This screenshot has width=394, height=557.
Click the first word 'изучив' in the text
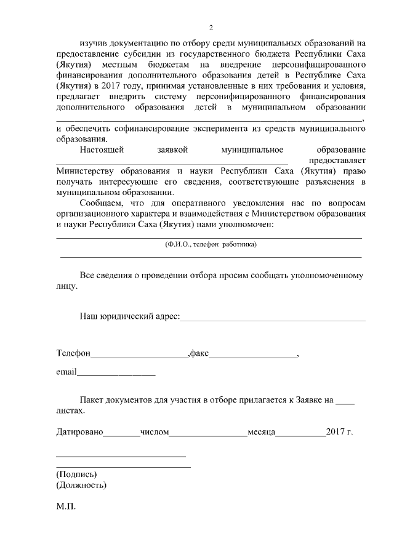pos(92,44)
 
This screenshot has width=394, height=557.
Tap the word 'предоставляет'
pos(338,160)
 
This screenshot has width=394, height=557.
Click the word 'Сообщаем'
pos(101,203)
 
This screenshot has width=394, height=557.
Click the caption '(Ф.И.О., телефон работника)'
pos(211,244)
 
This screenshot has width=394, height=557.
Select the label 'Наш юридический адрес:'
pos(129,316)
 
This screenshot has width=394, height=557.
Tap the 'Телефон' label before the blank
pos(73,354)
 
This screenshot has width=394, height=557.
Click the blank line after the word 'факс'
pos(253,356)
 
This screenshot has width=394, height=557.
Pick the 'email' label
pos(66,372)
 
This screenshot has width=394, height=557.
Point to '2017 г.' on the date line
pos(340,432)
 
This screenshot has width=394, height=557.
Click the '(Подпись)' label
pos(76,474)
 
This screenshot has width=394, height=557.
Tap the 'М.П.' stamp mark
pos(65,510)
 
